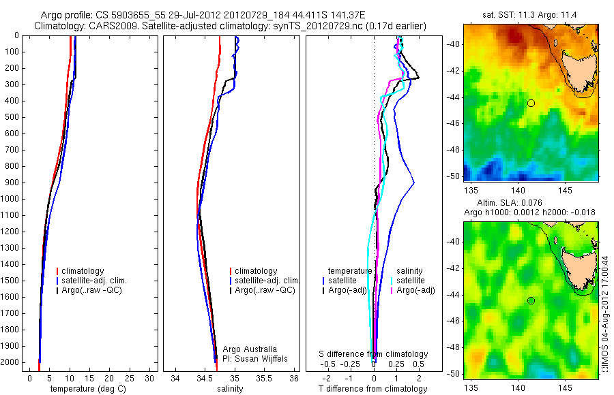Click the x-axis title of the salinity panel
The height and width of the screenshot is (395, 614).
click(x=229, y=389)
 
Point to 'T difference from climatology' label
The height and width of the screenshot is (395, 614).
click(x=373, y=389)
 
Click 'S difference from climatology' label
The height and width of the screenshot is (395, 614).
click(x=374, y=354)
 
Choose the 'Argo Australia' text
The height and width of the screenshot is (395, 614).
click(x=250, y=349)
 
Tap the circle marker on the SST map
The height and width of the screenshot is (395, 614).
click(x=531, y=103)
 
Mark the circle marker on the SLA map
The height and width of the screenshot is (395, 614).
click(x=531, y=300)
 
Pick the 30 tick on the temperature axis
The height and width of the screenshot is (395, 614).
click(x=149, y=378)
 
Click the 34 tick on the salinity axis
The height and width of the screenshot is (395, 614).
click(x=175, y=378)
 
